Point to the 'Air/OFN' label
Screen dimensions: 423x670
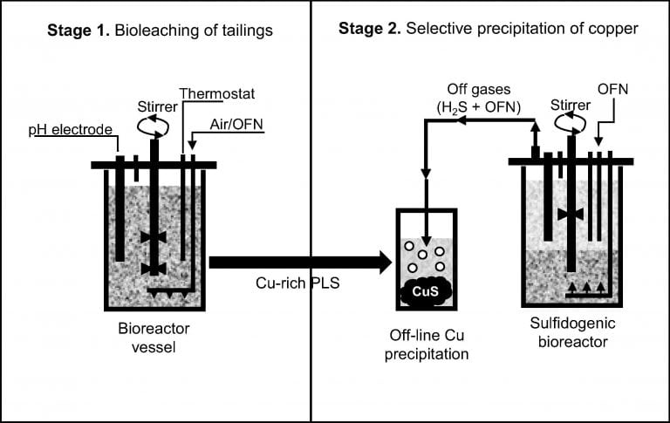236,126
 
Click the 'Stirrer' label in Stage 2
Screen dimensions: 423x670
572,106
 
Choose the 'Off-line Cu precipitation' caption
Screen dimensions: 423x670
428,346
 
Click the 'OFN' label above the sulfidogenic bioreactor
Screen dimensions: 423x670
613,91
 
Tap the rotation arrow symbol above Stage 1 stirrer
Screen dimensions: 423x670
154,128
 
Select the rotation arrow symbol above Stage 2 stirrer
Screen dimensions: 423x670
572,125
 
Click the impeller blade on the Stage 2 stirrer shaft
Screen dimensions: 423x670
572,214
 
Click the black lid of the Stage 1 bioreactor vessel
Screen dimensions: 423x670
154,165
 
